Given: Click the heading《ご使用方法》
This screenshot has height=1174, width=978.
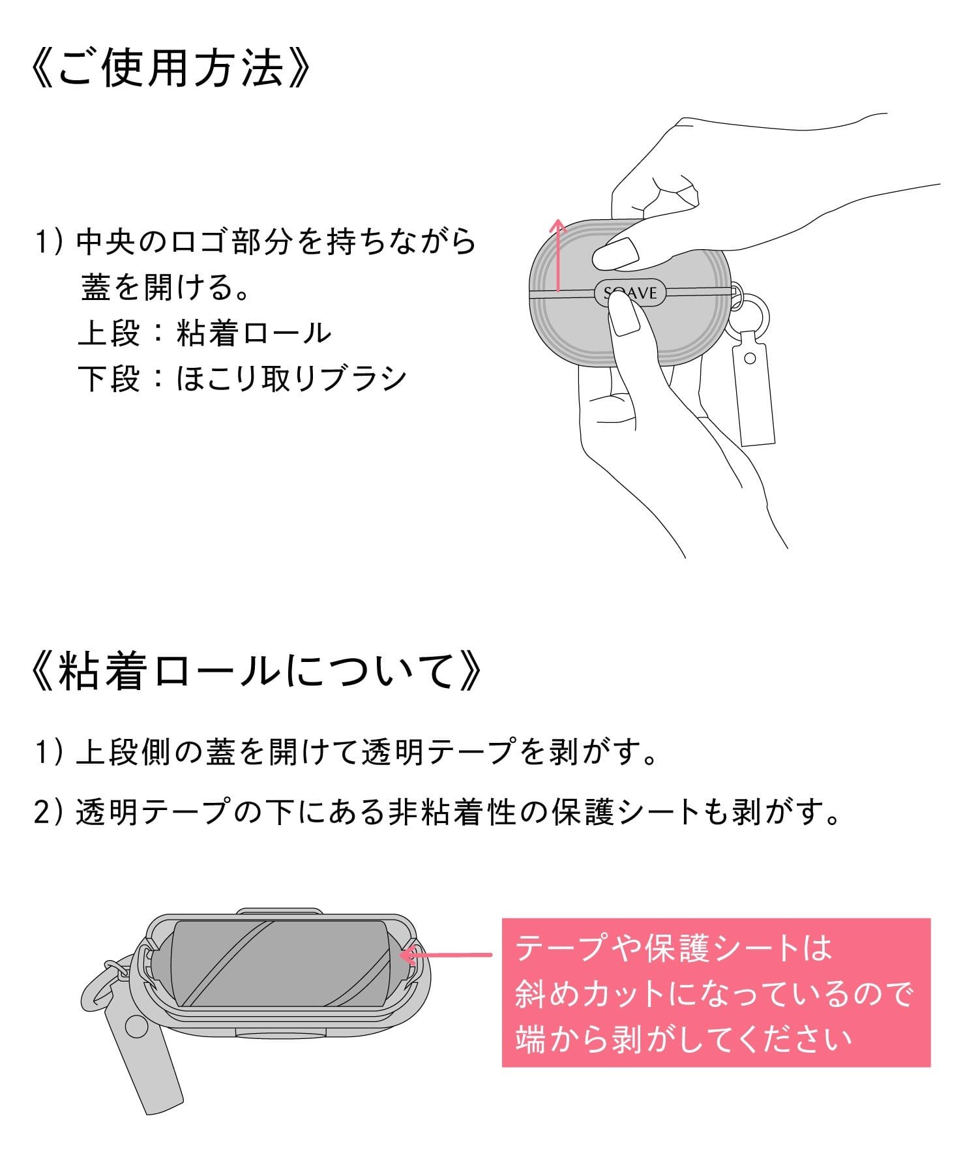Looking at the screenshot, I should pyautogui.click(x=171, y=68).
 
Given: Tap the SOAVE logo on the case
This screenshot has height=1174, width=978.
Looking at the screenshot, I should pyautogui.click(x=630, y=293).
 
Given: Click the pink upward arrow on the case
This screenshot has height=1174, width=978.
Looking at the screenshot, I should pyautogui.click(x=557, y=254).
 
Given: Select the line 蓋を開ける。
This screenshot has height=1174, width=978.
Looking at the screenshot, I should pyautogui.click(x=166, y=288).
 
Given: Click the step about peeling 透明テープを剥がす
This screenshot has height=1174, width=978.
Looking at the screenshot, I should pyautogui.click(x=346, y=753).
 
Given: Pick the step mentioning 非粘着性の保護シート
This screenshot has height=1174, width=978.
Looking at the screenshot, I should pyautogui.click(x=437, y=813).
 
